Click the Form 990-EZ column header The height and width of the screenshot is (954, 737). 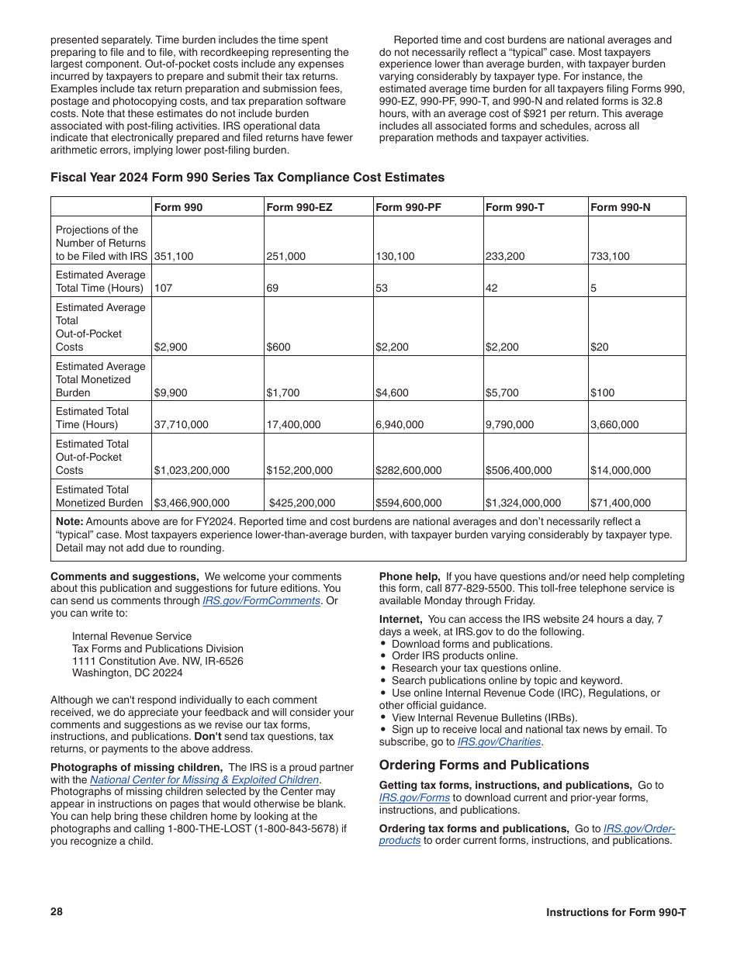[291, 207]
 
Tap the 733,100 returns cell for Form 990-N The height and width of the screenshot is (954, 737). [610, 256]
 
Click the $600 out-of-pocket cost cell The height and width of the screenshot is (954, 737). [279, 347]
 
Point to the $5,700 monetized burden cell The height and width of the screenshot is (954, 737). [502, 392]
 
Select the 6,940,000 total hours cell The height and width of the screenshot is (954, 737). [400, 424]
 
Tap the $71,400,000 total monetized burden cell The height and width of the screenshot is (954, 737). [621, 503]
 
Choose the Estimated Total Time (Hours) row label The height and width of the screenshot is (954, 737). [92, 418]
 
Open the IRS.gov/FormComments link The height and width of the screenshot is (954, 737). [261, 600]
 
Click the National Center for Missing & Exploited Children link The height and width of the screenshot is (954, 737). [204, 779]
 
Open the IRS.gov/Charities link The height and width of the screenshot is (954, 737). [499, 741]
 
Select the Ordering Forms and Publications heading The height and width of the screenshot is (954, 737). [484, 765]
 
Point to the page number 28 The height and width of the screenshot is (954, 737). [57, 911]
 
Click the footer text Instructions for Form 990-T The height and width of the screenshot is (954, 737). [615, 912]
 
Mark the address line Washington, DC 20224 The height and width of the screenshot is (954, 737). [127, 672]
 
